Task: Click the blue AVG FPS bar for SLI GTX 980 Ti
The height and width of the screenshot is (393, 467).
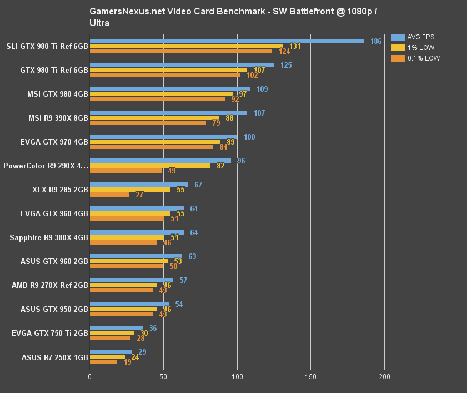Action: [x=227, y=41]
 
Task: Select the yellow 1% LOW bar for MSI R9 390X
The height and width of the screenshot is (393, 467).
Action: [x=154, y=118]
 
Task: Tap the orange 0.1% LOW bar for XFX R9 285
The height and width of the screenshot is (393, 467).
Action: [x=109, y=195]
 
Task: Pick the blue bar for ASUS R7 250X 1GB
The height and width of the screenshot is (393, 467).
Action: [x=111, y=352]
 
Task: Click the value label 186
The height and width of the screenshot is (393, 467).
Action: [x=376, y=42]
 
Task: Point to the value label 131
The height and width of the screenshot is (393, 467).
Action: [x=295, y=46]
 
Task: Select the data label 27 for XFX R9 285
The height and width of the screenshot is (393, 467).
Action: [x=140, y=195]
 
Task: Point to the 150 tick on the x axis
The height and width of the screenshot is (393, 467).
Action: [x=310, y=377]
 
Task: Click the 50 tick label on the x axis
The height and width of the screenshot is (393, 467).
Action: [x=163, y=377]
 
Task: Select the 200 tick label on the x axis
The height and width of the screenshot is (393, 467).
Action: [x=384, y=377]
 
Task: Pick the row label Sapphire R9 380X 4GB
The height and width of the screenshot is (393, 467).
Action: [x=49, y=237]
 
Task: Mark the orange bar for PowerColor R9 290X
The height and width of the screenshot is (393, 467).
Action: [x=125, y=171]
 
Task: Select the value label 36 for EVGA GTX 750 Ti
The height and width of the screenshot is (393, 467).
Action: [x=153, y=328]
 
